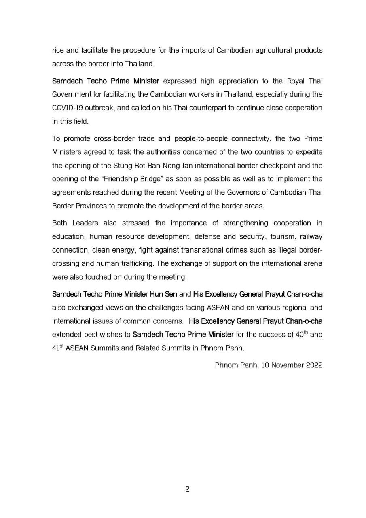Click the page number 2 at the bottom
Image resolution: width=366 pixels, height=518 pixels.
click(187, 489)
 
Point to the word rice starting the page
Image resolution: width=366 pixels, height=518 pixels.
click(58, 51)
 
